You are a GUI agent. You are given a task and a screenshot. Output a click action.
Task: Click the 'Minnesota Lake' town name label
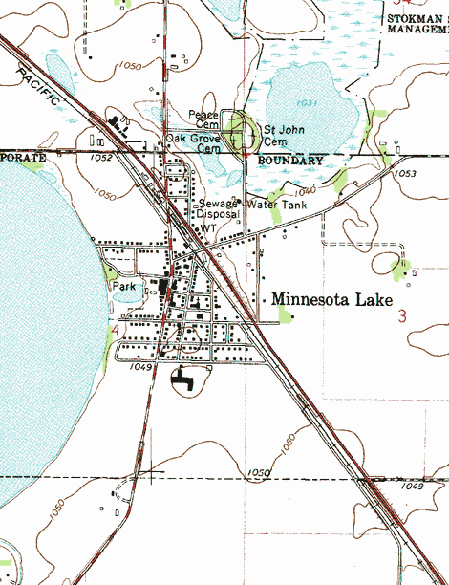pos(331,300)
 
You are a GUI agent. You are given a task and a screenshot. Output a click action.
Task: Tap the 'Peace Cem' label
pos(203,119)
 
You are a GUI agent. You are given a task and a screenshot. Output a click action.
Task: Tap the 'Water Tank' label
pos(276,205)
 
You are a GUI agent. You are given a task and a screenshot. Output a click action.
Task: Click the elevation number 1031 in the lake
pos(306,101)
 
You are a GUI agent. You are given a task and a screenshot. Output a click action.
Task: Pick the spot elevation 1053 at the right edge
pos(405,174)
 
